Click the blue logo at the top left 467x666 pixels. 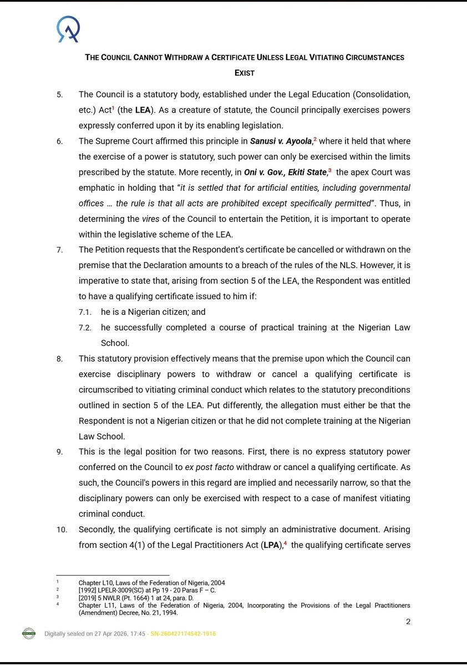tap(68, 29)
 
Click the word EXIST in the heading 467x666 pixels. tap(244, 73)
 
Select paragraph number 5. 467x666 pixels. tap(59, 94)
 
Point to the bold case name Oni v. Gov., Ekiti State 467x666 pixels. tap(285, 173)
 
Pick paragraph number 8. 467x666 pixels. tap(59, 359)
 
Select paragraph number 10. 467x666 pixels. tap(62, 530)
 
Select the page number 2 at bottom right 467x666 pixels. tap(408, 621)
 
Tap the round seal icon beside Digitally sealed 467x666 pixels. tap(29, 633)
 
